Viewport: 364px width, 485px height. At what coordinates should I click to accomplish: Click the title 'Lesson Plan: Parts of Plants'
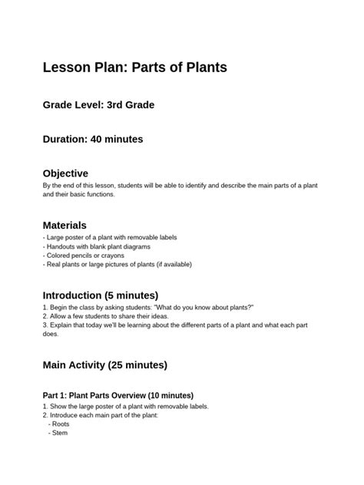(134, 68)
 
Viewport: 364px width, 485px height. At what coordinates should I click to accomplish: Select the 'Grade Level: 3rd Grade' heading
(98, 104)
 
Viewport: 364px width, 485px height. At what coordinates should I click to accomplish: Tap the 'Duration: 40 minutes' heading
(92, 139)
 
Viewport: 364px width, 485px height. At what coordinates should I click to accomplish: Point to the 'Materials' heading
(65, 225)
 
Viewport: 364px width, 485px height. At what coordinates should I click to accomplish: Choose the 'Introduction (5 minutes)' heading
(100, 295)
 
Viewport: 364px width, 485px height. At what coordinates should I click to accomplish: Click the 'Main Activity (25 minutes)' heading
(104, 365)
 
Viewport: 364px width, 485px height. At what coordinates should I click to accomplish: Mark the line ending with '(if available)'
(117, 264)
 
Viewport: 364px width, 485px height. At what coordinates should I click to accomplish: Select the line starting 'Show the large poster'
(125, 406)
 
